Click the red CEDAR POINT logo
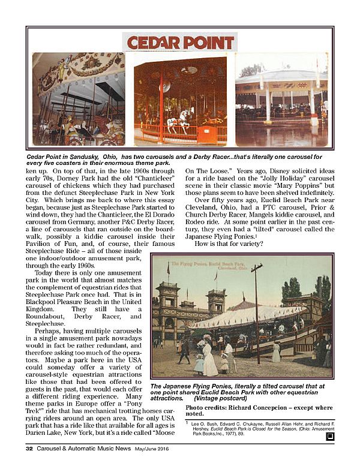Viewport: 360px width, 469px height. point(180,43)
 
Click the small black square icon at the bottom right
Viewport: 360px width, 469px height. point(328,437)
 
